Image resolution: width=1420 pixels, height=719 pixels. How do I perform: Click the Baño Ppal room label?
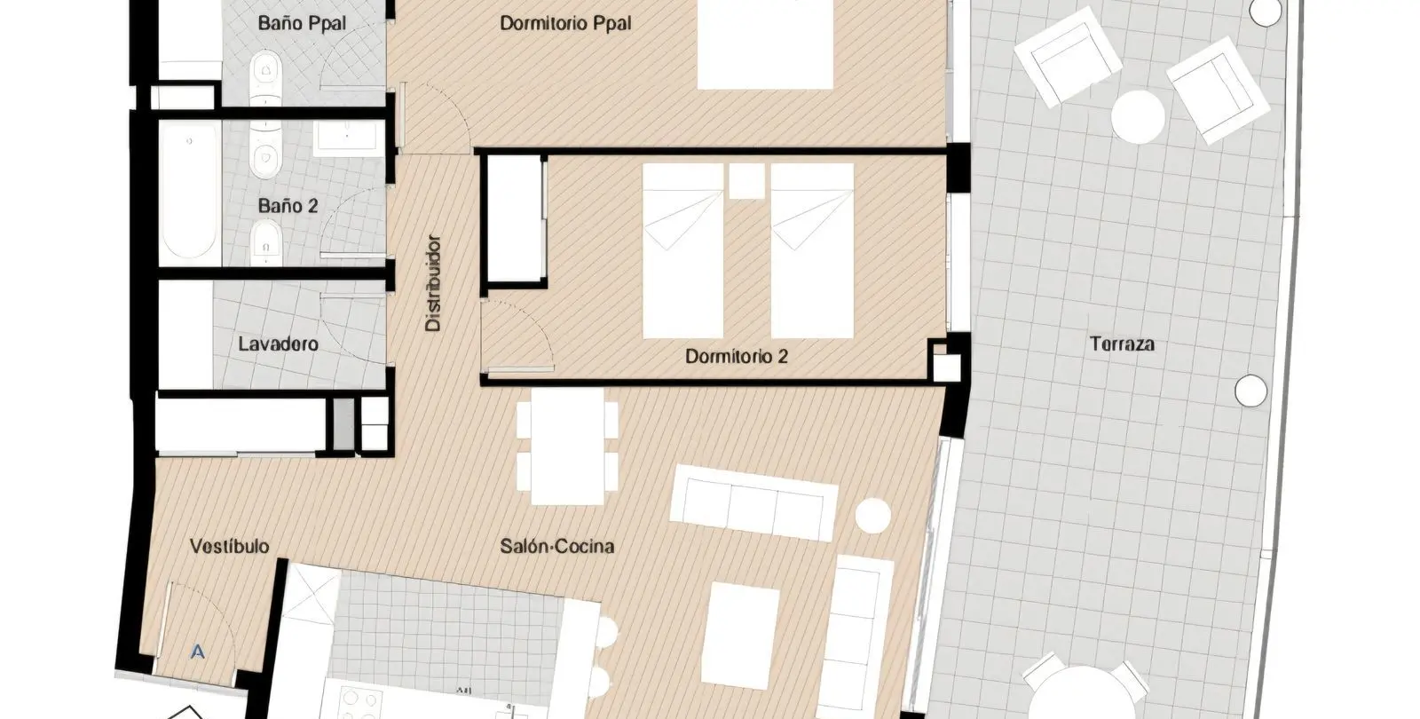302,23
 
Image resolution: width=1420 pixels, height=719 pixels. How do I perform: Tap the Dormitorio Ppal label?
565,23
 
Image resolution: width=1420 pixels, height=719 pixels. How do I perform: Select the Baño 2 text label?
288,206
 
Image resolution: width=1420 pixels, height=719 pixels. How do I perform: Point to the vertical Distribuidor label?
433,283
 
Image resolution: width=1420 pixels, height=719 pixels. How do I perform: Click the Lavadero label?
279,344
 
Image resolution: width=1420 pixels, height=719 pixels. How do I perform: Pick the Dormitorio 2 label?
737,356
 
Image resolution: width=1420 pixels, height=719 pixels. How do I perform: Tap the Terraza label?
1122,344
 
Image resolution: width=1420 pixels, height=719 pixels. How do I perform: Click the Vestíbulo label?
230,546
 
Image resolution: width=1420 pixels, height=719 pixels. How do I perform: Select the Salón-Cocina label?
557,546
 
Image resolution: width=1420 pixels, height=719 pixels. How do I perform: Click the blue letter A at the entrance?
198,652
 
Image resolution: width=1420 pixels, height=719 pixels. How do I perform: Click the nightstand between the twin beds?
746,181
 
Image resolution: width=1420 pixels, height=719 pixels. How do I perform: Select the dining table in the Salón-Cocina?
567,446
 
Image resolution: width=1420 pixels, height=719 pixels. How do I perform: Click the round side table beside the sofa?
873,516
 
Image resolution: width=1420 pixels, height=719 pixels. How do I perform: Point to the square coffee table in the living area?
740,636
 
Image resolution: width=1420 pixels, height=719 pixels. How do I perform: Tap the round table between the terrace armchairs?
1138,117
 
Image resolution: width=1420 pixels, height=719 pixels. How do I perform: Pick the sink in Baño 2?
347,137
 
